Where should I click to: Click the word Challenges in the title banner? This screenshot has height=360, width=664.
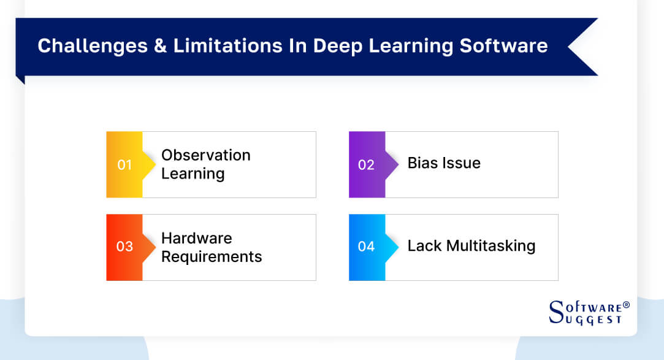click(x=93, y=46)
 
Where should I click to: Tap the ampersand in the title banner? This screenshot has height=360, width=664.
click(x=161, y=46)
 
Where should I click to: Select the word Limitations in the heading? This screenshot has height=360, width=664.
click(x=228, y=46)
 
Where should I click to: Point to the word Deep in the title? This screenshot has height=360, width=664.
click(x=337, y=47)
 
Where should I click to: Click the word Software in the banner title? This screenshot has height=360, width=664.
click(x=503, y=46)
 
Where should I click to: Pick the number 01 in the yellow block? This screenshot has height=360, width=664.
click(x=124, y=165)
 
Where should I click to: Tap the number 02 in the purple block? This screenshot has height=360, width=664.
click(x=366, y=165)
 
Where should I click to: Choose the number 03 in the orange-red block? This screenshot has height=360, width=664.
click(x=124, y=247)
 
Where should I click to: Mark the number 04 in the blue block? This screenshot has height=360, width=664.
click(x=366, y=247)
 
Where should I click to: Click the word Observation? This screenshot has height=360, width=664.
click(x=206, y=155)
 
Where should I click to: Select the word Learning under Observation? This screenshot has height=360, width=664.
click(x=193, y=174)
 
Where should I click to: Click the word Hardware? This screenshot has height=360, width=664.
click(x=196, y=238)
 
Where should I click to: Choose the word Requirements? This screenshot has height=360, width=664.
click(x=212, y=257)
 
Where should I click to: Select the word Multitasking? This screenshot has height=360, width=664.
click(x=491, y=246)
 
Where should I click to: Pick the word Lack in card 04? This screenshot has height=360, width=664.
click(x=424, y=246)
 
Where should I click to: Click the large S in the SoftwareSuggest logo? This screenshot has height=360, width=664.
click(x=557, y=312)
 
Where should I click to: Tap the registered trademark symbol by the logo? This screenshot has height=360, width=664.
click(x=627, y=305)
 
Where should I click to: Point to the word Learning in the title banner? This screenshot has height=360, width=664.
click(x=411, y=47)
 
